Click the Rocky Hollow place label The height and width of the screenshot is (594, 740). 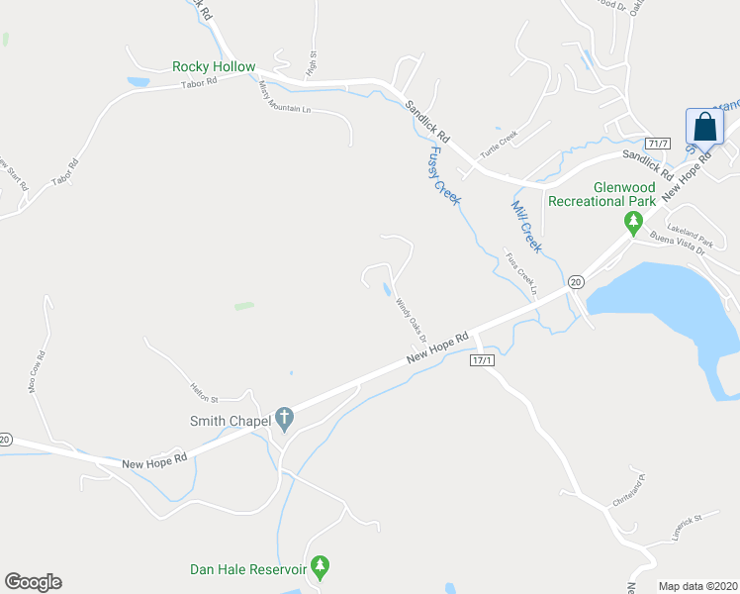pyautogui.click(x=214, y=66)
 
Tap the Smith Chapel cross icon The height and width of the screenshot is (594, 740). pyautogui.click(x=285, y=420)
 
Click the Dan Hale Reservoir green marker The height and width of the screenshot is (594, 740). pyautogui.click(x=320, y=568)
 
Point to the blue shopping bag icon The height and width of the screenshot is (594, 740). pyautogui.click(x=704, y=128)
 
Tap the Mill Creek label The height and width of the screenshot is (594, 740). pyautogui.click(x=525, y=226)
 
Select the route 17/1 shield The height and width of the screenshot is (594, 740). pyautogui.click(x=482, y=360)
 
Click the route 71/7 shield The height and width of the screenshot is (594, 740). pyautogui.click(x=658, y=144)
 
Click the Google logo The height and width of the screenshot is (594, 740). pyautogui.click(x=33, y=582)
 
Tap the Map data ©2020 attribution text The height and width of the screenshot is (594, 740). pyautogui.click(x=698, y=586)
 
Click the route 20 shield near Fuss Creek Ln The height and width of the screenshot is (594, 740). pyautogui.click(x=575, y=282)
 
